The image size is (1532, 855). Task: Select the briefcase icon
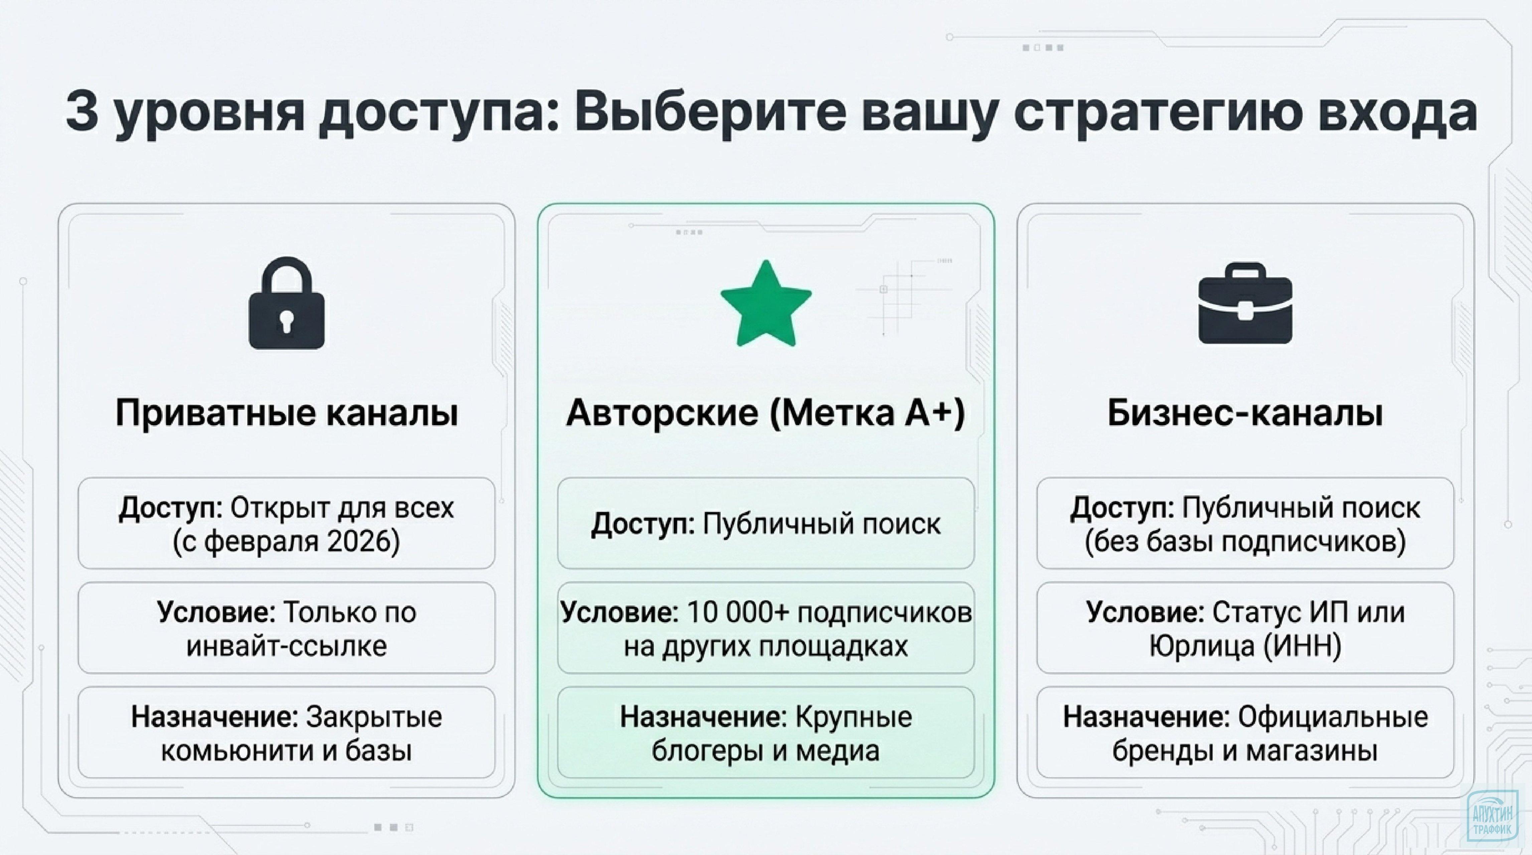[1245, 304]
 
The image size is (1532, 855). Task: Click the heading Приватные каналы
[287, 412]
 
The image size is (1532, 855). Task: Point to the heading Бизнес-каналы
[1245, 412]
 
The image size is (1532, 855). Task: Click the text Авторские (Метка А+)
[765, 412]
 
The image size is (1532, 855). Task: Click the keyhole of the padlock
[287, 319]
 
